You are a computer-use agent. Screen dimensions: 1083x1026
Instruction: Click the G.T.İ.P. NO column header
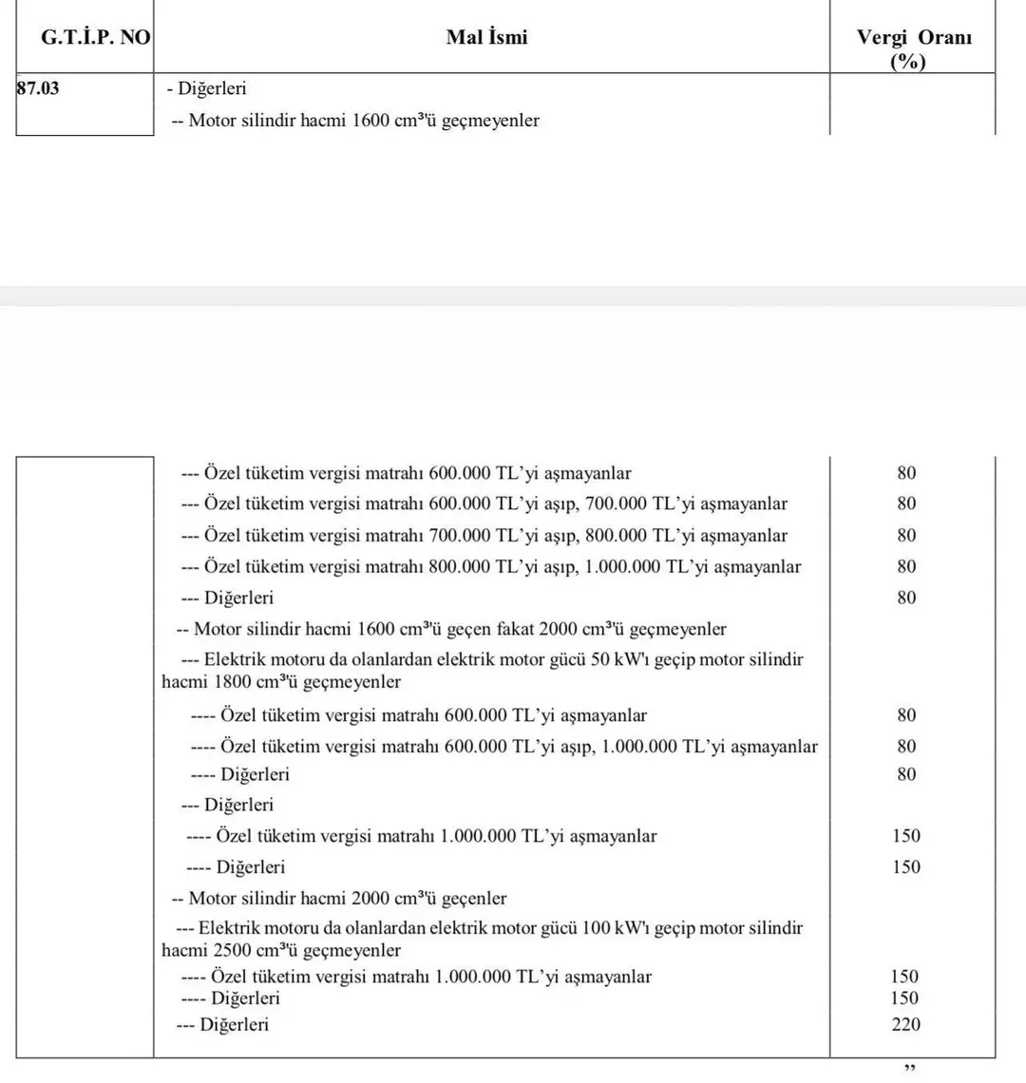(x=83, y=38)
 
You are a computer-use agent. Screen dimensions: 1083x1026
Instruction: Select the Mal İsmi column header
(x=486, y=37)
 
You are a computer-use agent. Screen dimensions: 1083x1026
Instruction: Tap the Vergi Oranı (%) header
(x=913, y=49)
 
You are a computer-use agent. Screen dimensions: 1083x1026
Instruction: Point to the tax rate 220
(x=906, y=1024)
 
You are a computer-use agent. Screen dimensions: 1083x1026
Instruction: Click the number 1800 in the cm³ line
(x=234, y=682)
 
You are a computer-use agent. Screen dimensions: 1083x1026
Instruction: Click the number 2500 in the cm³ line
(x=234, y=951)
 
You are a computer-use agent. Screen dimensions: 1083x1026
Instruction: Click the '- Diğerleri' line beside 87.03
(x=206, y=89)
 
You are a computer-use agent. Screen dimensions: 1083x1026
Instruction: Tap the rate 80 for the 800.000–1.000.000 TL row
(x=906, y=567)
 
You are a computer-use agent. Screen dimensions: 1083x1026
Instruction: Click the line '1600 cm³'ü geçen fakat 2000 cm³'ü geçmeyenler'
(x=452, y=629)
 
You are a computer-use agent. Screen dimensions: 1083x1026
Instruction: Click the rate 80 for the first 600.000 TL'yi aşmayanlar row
(x=906, y=473)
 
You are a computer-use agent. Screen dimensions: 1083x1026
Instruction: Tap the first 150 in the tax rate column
(x=906, y=836)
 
